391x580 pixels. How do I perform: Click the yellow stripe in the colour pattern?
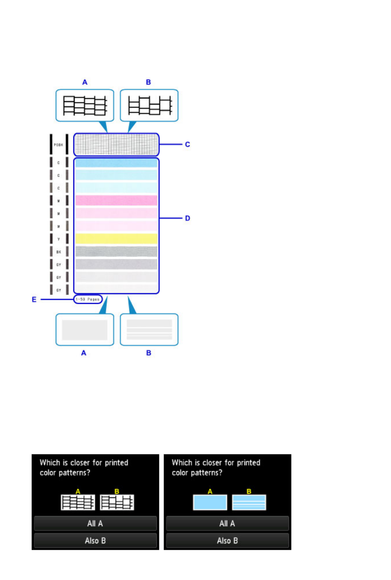(x=116, y=239)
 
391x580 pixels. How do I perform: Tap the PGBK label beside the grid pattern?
(x=58, y=145)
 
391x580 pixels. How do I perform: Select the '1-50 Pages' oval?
(x=88, y=299)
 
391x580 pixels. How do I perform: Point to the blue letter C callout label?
(x=187, y=144)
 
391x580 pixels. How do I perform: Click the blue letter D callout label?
(x=187, y=218)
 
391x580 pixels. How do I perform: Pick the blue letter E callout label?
(x=34, y=300)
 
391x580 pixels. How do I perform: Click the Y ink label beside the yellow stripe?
(x=59, y=239)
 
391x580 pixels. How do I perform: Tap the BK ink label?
(x=59, y=252)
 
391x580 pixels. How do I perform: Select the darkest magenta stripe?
(x=116, y=200)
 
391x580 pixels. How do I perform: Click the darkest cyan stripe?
(x=116, y=163)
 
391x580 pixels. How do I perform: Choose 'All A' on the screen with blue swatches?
(x=227, y=523)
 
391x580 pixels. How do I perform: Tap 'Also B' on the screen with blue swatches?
(x=227, y=541)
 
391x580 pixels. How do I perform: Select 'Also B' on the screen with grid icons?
(x=95, y=541)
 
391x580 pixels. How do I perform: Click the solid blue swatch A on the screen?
(x=210, y=502)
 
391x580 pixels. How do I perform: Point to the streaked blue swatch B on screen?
(x=249, y=502)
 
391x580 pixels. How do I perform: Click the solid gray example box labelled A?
(x=85, y=330)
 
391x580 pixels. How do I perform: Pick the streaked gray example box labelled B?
(x=149, y=330)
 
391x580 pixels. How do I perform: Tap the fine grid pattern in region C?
(x=116, y=144)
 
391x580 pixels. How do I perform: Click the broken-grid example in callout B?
(x=150, y=105)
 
